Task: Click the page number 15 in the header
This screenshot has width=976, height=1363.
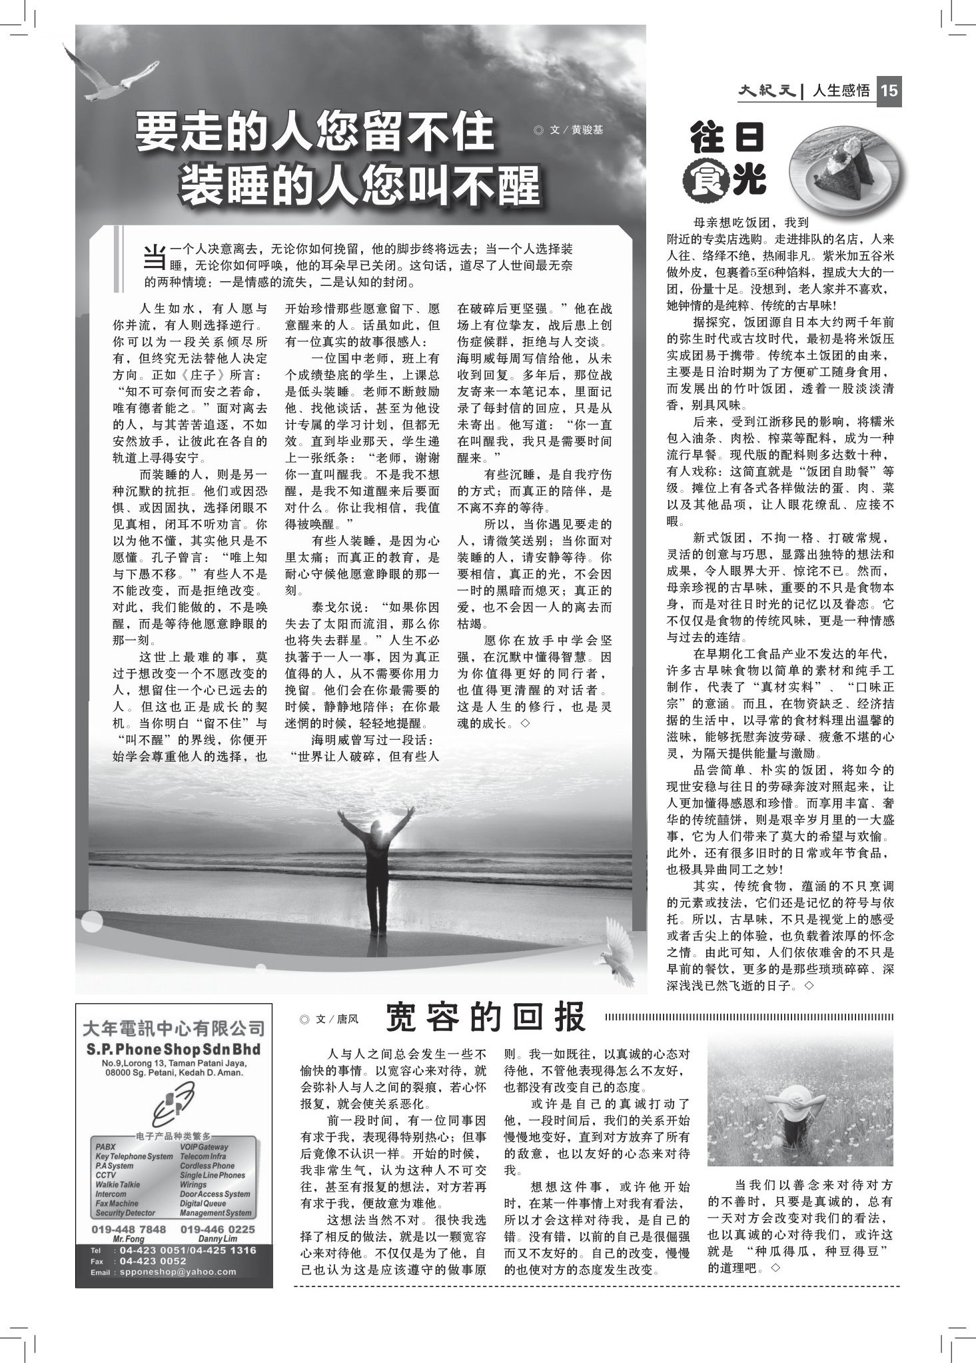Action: (889, 91)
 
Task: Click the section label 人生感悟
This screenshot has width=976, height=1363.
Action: (841, 91)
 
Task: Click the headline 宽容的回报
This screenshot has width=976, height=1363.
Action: (486, 1018)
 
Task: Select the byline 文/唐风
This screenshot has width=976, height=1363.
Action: (330, 1019)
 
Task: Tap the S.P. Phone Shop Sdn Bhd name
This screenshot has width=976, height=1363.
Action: (173, 1050)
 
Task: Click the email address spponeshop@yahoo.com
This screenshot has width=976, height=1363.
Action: (175, 1272)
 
